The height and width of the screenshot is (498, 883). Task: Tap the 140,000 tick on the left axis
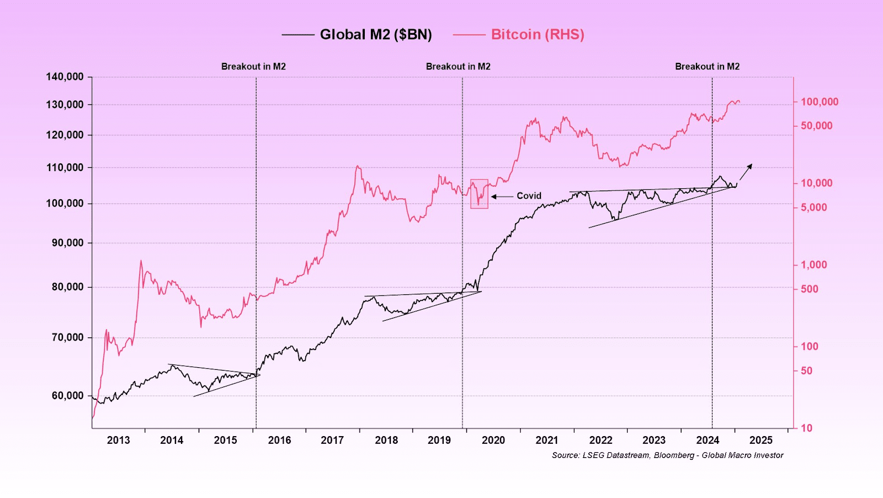(65, 77)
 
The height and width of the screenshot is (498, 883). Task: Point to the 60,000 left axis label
(68, 396)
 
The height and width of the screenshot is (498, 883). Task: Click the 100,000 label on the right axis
(820, 102)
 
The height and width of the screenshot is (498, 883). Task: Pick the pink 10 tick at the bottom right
(806, 428)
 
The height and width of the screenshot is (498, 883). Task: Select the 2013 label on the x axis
(118, 440)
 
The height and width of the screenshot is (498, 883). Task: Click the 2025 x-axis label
(761, 440)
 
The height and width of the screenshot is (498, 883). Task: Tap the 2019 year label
(439, 440)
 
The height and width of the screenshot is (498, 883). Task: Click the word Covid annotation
(529, 196)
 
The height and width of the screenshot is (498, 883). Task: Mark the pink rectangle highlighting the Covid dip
(479, 193)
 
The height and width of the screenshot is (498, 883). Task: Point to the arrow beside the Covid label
(502, 196)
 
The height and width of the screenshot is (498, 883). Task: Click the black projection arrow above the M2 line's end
(746, 172)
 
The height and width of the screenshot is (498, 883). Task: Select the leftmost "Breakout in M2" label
(253, 66)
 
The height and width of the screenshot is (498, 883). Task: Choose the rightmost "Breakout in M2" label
(707, 66)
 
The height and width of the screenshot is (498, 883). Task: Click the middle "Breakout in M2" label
(458, 66)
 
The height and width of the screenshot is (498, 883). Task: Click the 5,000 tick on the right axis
(814, 208)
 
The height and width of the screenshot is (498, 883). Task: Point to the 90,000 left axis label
(68, 243)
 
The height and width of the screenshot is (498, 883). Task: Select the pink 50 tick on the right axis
(806, 370)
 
